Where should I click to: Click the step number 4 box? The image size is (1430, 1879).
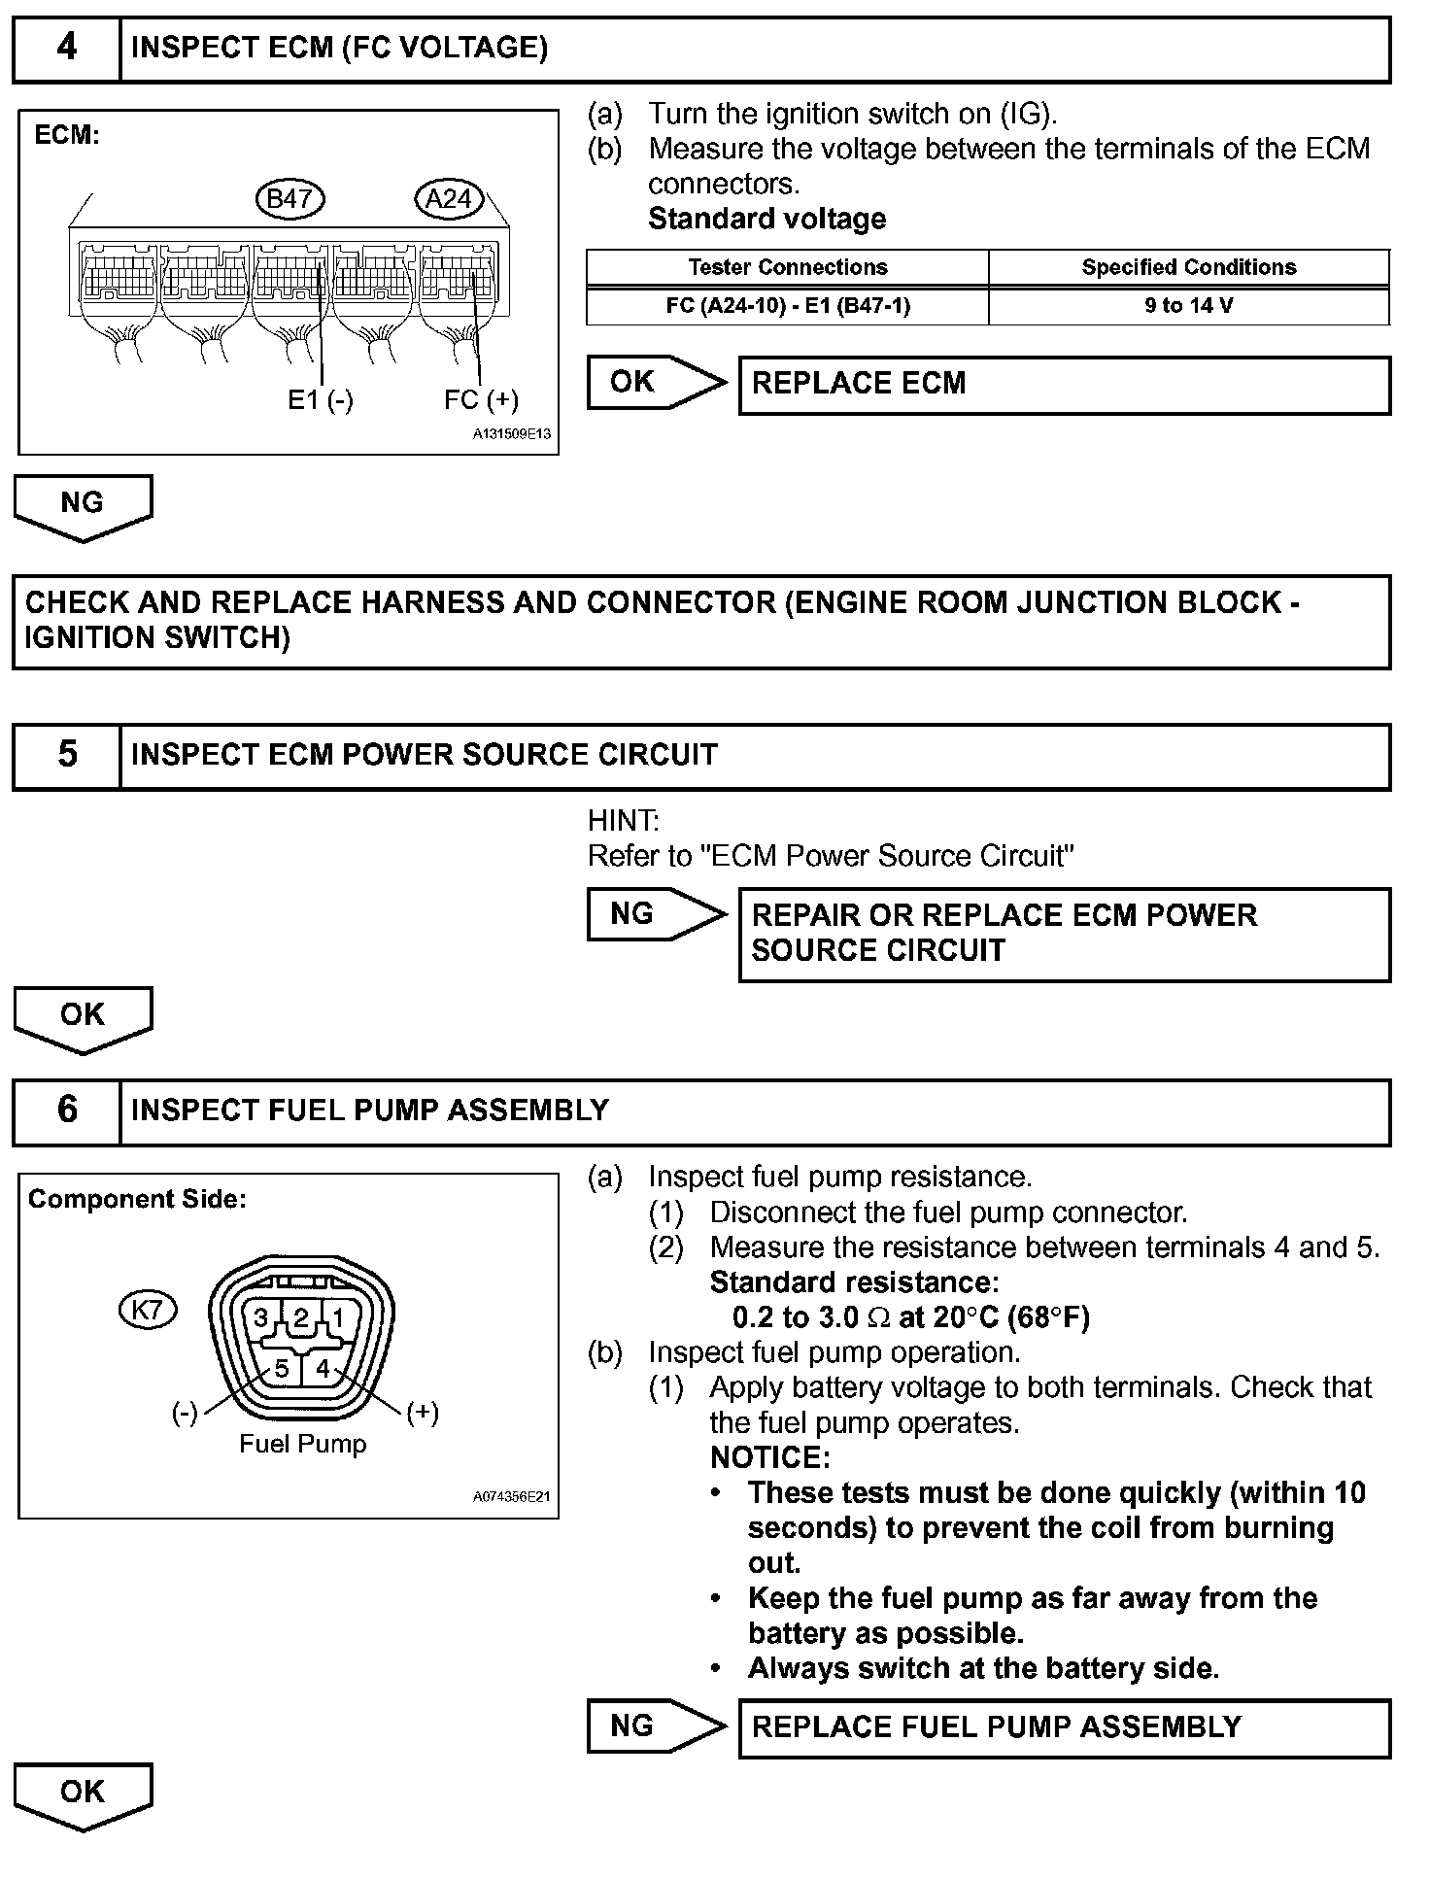(66, 49)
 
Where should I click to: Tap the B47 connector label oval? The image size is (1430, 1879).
(289, 199)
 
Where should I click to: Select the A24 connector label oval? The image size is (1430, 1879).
(448, 199)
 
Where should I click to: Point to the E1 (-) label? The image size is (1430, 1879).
(320, 400)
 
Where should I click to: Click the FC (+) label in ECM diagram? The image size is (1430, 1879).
(481, 400)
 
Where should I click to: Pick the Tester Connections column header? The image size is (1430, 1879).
(787, 267)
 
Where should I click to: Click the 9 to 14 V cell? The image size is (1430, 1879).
(1188, 306)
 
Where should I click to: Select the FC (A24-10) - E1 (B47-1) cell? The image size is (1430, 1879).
(787, 306)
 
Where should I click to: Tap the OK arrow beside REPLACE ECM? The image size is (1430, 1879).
(655, 382)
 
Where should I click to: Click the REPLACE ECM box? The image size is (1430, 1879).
(1064, 385)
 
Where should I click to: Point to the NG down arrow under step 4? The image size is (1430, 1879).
(83, 506)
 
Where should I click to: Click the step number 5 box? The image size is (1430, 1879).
(66, 755)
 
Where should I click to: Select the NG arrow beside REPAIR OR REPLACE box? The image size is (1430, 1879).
(655, 914)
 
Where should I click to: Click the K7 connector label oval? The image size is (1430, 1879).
(147, 1310)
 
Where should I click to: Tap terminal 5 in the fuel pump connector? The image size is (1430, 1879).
(281, 1369)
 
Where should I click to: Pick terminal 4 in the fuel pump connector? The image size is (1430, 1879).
(323, 1369)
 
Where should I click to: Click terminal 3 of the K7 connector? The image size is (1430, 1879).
(260, 1318)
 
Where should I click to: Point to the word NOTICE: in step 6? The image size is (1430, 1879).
(770, 1457)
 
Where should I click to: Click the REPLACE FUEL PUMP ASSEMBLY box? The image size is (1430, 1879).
(1064, 1727)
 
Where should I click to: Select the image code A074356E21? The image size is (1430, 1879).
(511, 1497)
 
